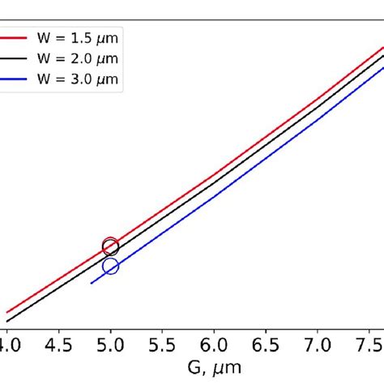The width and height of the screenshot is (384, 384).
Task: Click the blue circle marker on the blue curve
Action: [110, 266]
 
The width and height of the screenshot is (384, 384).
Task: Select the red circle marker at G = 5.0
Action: [110, 245]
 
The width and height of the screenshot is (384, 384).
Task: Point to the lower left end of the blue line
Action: [91, 283]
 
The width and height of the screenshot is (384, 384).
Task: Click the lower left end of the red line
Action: [7, 312]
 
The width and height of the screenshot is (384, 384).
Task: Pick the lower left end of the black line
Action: [7, 321]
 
